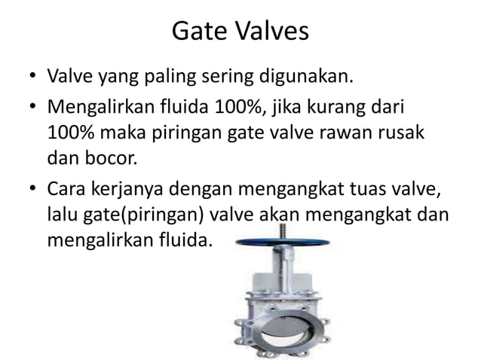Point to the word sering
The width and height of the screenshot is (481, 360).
pos(239,78)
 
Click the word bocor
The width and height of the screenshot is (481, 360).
pos(115,159)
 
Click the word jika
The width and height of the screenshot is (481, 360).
pos(291,108)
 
